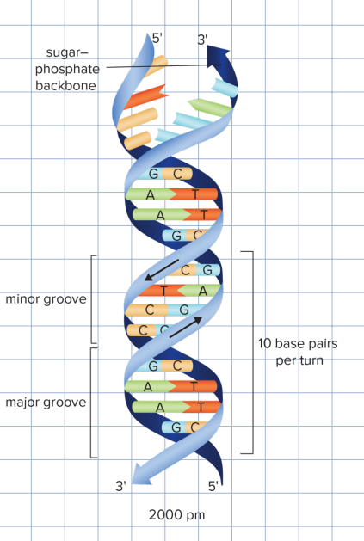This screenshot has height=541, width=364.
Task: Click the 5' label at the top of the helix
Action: pyautogui.click(x=157, y=38)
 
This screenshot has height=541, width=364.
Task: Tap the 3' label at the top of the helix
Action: pyautogui.click(x=203, y=40)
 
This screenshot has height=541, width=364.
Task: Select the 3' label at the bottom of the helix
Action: pyautogui.click(x=121, y=486)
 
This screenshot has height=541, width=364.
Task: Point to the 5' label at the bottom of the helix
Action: pyautogui.click(x=214, y=486)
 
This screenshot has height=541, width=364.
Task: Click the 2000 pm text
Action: pyautogui.click(x=177, y=515)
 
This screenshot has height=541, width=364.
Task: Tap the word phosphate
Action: pyautogui.click(x=68, y=69)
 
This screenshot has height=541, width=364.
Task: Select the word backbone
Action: pyautogui.click(x=66, y=85)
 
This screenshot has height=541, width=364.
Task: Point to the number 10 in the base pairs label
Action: pyautogui.click(x=266, y=344)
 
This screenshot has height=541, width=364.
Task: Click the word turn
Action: pyautogui.click(x=311, y=360)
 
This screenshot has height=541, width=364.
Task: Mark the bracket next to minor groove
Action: pyautogui.click(x=91, y=299)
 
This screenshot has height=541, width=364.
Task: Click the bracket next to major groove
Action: pyautogui.click(x=91, y=402)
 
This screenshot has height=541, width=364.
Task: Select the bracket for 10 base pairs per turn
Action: pyautogui.click(x=251, y=352)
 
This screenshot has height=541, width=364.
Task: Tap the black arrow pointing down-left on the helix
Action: pyautogui.click(x=162, y=268)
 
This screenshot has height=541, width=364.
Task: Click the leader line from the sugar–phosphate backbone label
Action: pyautogui.click(x=155, y=65)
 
